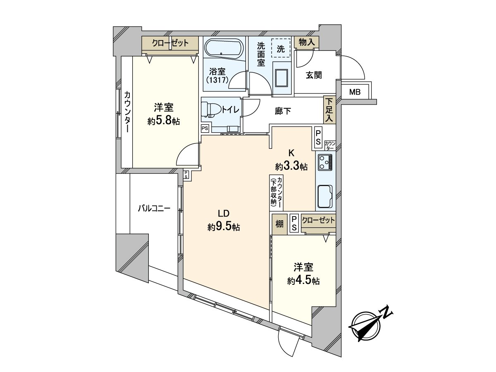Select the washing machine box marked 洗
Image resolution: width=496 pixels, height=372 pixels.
tap(281, 48)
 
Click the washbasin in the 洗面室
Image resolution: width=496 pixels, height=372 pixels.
tap(283, 77)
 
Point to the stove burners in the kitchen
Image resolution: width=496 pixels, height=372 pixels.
tap(325, 162)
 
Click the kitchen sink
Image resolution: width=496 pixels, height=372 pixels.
tap(325, 196)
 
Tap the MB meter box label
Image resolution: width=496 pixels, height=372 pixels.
tap(355, 92)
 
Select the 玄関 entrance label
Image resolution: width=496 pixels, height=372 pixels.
tap(314, 75)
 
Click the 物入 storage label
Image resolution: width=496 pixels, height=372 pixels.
tap(307, 42)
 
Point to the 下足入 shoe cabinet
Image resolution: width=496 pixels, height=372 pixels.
tap(329, 110)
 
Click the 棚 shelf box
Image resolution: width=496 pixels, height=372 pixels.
tap(279, 224)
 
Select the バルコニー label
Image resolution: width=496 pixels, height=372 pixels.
tap(154, 209)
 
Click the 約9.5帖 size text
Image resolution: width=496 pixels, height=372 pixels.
tap(224, 227)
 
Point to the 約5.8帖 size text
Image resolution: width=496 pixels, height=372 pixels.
tap(164, 121)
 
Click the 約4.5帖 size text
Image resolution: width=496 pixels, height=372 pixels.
tap(303, 281)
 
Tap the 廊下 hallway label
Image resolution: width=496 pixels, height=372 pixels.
tap(283, 111)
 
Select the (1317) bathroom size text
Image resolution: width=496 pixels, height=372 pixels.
tap(217, 80)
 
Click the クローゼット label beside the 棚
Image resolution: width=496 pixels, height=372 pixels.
tap(318, 220)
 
